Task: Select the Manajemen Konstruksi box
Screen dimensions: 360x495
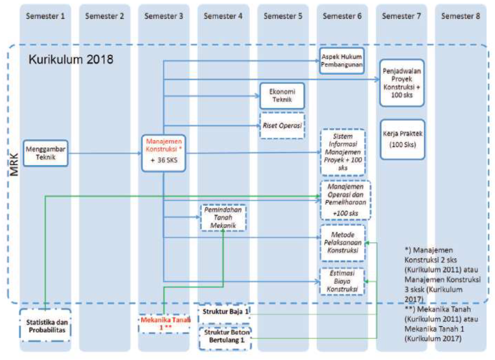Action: tap(164, 153)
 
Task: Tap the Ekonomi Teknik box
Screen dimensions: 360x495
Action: tap(282, 95)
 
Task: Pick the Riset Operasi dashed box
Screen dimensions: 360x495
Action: tap(282, 126)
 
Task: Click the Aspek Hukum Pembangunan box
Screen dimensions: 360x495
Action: tap(342, 61)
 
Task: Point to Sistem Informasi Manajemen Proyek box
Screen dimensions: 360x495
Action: tap(343, 152)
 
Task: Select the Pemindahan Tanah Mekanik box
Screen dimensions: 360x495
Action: tap(223, 218)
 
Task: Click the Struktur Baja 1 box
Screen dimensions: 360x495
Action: tap(224, 312)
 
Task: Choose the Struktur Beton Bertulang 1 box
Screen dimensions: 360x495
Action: tap(224, 336)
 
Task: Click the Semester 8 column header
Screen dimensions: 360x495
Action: tap(461, 16)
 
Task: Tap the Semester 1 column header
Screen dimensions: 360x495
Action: tap(45, 16)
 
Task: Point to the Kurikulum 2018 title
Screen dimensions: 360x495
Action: tap(70, 59)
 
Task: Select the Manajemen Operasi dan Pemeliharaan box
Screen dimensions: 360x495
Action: tap(343, 200)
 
